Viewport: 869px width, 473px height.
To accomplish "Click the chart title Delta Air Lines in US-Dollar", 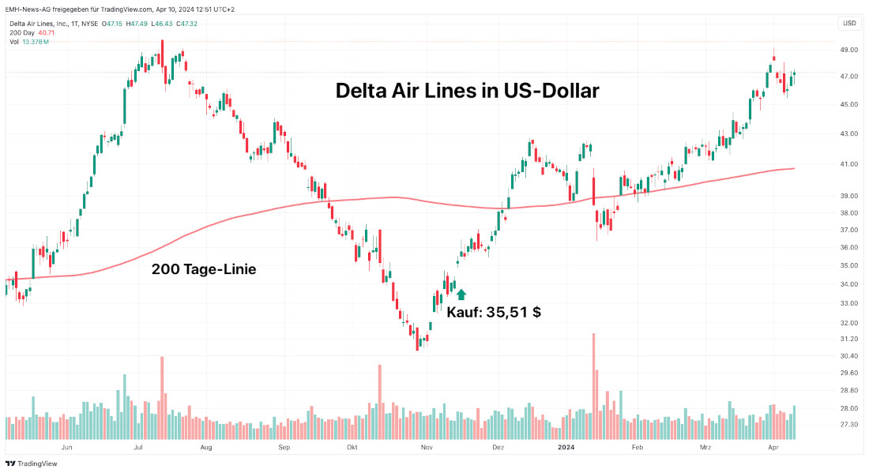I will click(467, 91).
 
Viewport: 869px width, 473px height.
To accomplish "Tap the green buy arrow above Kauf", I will click(461, 294).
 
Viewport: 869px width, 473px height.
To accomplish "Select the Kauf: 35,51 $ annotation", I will click(494, 312).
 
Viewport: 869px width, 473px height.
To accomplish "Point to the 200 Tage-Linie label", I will click(203, 269).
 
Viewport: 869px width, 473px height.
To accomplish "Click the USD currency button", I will click(849, 23).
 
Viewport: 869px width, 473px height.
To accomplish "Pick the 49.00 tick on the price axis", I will click(850, 50).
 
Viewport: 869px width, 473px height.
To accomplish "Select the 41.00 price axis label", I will click(850, 164).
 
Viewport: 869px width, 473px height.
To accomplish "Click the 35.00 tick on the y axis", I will click(850, 266).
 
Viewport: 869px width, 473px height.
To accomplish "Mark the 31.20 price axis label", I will click(850, 339).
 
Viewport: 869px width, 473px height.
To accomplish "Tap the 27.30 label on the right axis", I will click(850, 425).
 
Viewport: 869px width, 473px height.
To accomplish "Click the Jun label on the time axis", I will click(66, 448).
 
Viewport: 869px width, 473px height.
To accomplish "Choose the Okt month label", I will click(352, 448).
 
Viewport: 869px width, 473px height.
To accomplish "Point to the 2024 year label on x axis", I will click(566, 448).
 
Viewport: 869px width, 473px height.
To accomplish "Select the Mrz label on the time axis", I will click(705, 448).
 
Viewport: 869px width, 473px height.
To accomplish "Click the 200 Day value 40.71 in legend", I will click(47, 32).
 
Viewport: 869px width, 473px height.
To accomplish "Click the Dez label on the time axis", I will click(498, 448).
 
